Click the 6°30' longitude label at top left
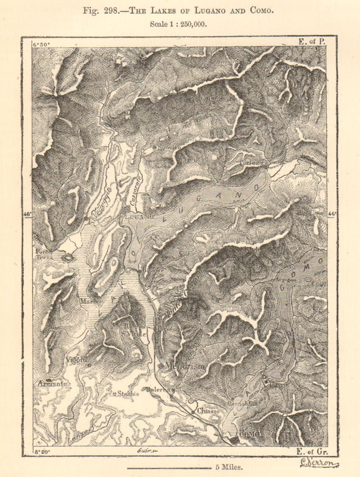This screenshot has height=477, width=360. point(41,44)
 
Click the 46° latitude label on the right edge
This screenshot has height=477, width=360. point(332,214)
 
